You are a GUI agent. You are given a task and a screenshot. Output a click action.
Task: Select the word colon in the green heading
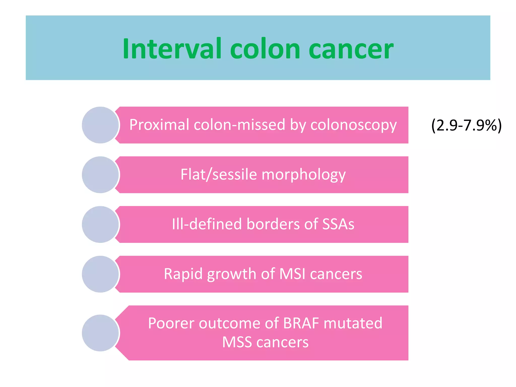coord(265,49)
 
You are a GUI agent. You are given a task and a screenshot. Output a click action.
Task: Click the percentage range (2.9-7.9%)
coord(466,125)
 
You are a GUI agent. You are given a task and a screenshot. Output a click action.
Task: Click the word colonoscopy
coord(353,125)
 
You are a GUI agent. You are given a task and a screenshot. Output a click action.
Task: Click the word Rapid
coord(183,274)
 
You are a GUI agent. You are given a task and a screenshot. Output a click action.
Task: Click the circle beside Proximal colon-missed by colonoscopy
coord(101,125)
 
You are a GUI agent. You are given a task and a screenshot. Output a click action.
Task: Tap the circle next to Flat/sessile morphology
coord(101,175)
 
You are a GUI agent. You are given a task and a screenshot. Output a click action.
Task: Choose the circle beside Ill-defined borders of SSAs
coord(101,224)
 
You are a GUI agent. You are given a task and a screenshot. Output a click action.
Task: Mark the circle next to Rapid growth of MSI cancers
coord(101,274)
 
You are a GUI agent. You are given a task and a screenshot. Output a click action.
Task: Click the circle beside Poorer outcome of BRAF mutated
coord(101,333)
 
